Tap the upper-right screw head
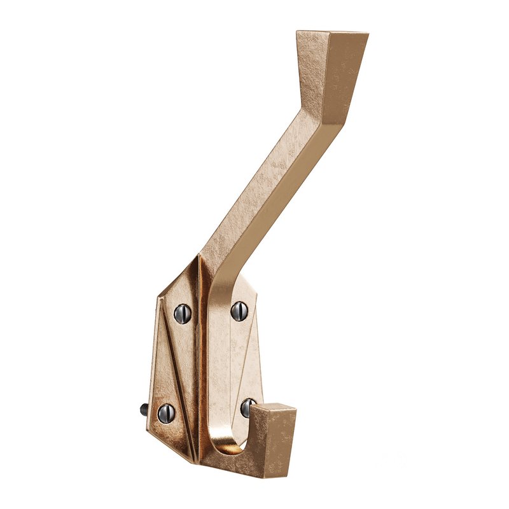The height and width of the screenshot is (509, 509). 239,310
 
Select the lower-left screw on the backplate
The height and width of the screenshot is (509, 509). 166,413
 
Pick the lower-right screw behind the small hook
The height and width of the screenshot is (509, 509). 247,407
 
